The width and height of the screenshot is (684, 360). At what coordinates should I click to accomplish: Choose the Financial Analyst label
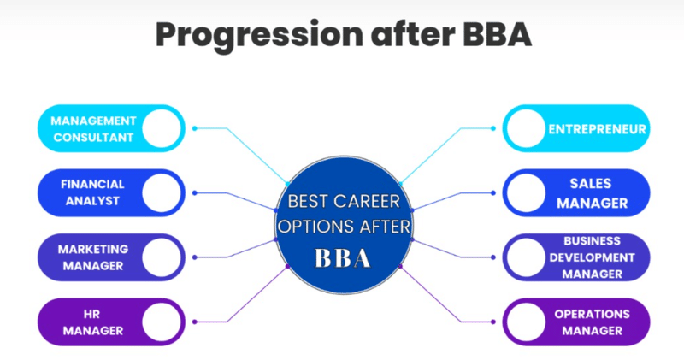[92, 192]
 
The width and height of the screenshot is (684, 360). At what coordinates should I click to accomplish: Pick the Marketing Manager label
[93, 257]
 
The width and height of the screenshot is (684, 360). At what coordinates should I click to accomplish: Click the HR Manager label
[93, 322]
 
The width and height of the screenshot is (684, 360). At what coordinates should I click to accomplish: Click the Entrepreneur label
[597, 129]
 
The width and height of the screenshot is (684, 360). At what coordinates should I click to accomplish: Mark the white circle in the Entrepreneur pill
[524, 129]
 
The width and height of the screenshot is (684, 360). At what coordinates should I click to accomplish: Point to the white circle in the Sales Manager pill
[524, 193]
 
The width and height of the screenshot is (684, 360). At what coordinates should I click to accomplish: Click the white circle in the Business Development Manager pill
[524, 257]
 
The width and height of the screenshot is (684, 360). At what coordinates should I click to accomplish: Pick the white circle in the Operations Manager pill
[524, 322]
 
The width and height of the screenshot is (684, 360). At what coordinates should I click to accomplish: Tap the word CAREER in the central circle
[369, 203]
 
